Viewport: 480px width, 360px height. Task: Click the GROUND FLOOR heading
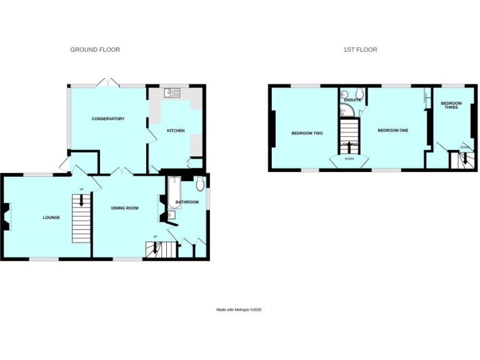[95, 49]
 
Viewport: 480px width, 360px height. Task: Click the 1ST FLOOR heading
[360, 49]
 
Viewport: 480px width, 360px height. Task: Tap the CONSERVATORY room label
[108, 119]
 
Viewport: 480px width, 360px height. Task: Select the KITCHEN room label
[175, 130]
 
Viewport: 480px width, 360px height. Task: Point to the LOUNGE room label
[51, 217]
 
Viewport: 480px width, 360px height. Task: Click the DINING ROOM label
[124, 208]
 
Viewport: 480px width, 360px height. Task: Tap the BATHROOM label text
[187, 202]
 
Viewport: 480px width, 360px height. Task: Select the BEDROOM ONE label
[393, 130]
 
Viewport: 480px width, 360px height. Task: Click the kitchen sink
[172, 93]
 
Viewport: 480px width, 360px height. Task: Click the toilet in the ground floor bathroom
[200, 183]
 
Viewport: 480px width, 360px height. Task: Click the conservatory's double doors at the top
[107, 82]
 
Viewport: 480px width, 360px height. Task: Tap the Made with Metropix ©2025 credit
[239, 309]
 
